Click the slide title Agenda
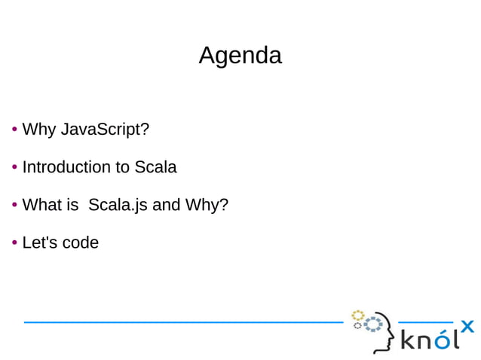(x=240, y=55)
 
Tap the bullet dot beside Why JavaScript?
(x=14, y=130)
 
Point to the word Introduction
(x=66, y=167)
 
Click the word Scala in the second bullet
(x=155, y=167)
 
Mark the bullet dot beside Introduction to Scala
(x=14, y=167)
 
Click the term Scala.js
(x=118, y=205)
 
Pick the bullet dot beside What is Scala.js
(x=14, y=205)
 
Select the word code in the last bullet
(x=80, y=243)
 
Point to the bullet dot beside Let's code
(x=14, y=243)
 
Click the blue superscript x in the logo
(x=467, y=326)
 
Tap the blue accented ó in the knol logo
(x=443, y=340)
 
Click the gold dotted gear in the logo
(x=357, y=315)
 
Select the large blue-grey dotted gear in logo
(x=372, y=326)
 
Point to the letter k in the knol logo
(x=407, y=340)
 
